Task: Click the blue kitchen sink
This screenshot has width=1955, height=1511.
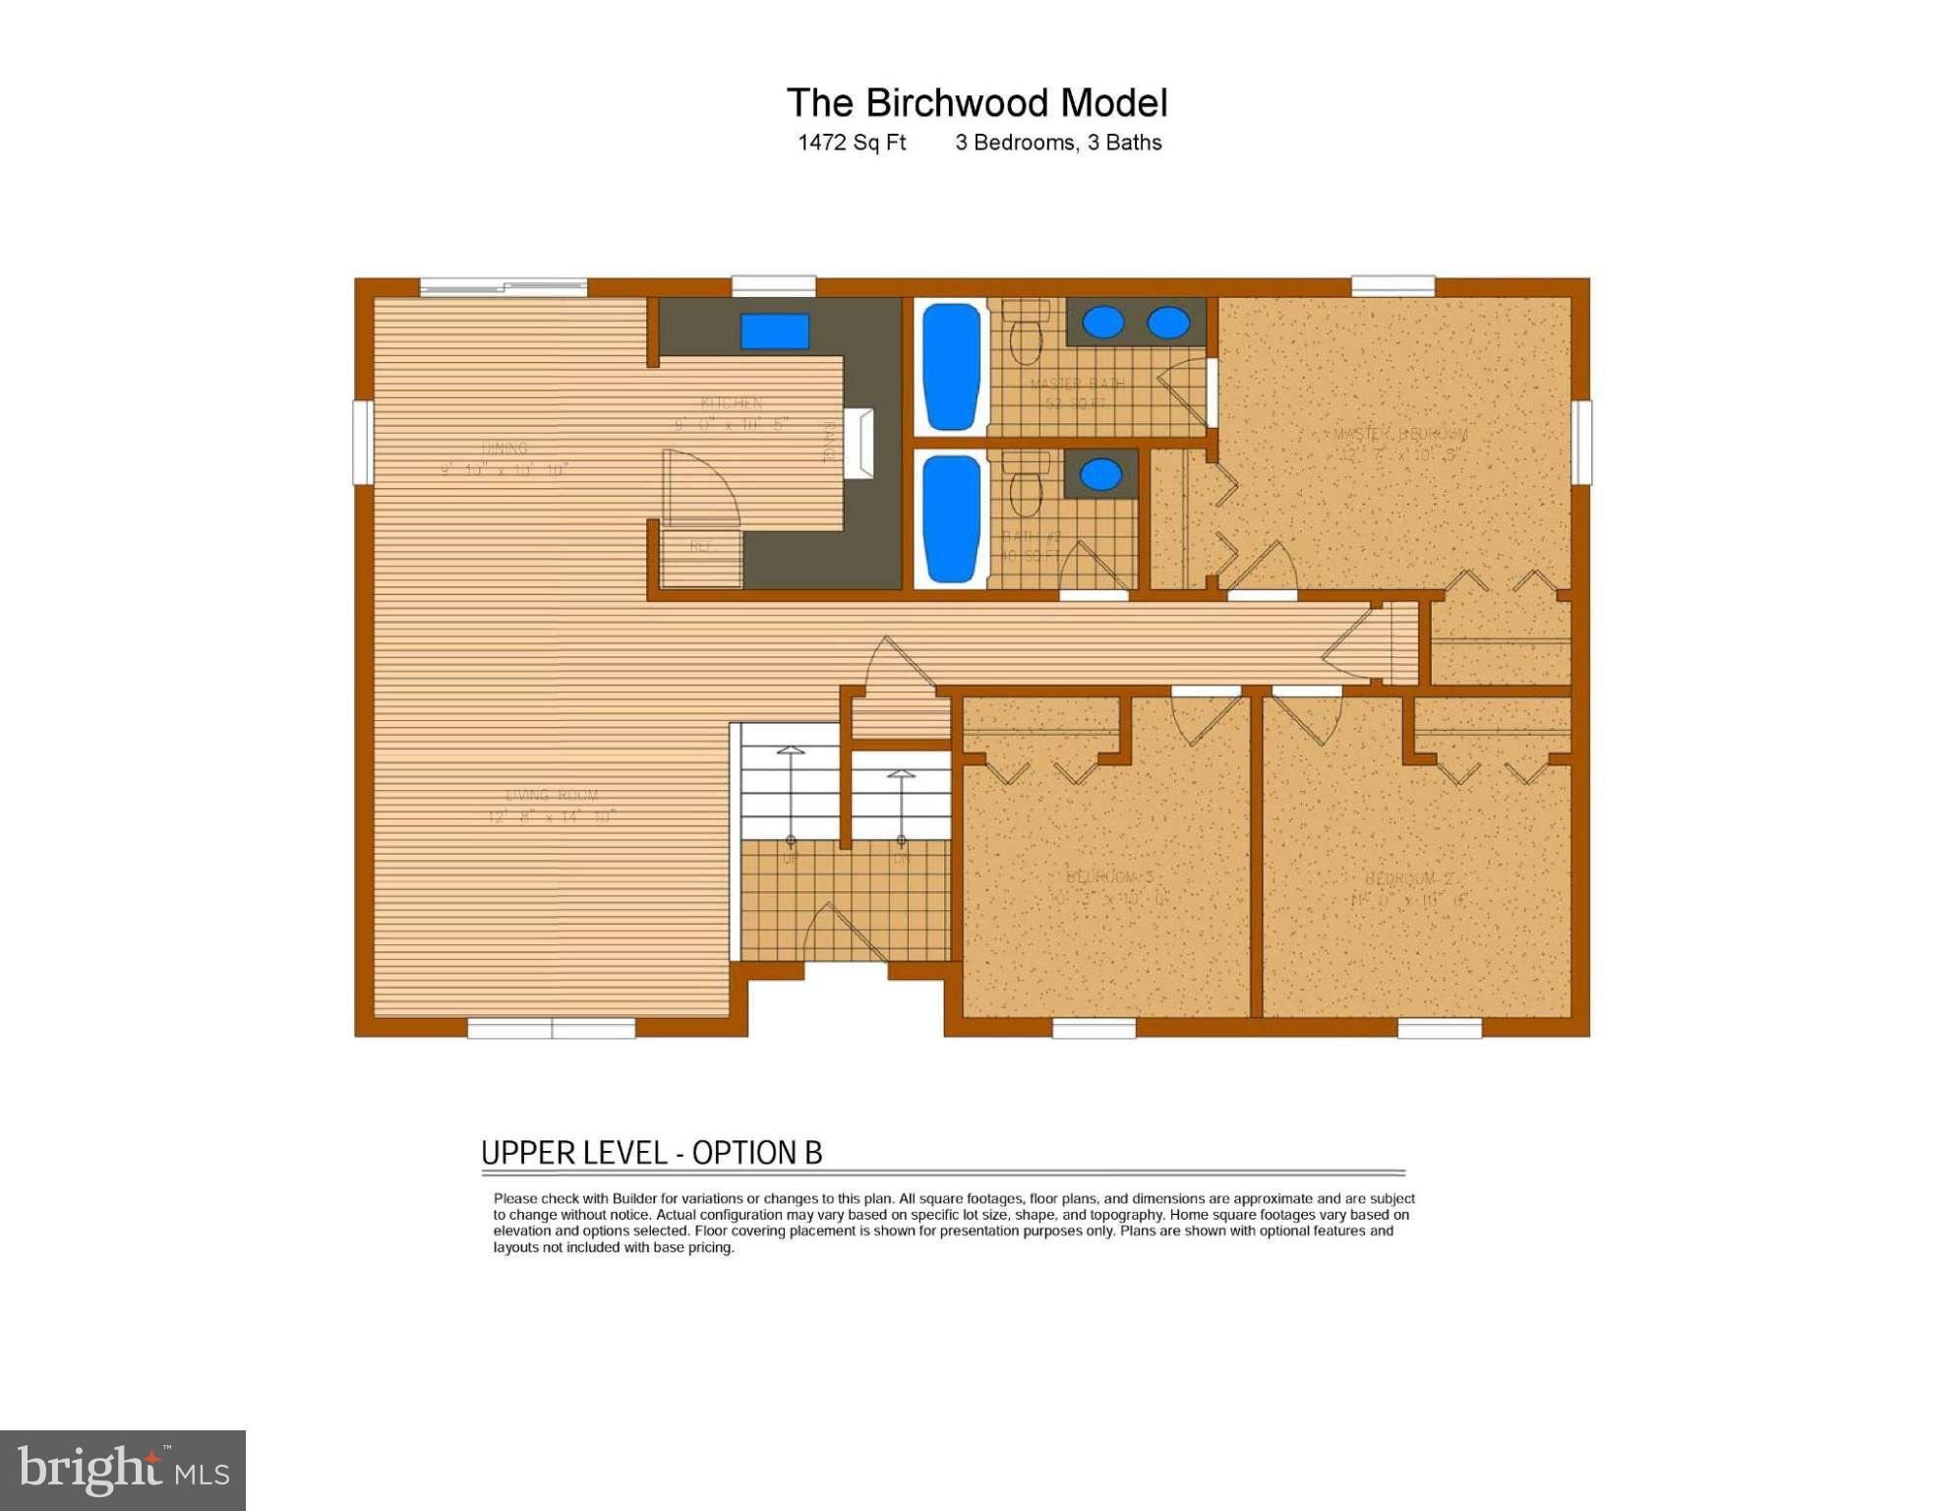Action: (774, 332)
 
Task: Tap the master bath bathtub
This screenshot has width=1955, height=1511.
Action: (951, 366)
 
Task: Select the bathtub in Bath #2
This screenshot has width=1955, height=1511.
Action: (951, 518)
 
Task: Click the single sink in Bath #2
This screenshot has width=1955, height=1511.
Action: (1100, 474)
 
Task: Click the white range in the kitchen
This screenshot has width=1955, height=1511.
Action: (859, 444)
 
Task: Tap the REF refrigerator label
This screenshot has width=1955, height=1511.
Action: (701, 546)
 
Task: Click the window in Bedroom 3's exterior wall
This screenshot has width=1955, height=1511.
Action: (1094, 1028)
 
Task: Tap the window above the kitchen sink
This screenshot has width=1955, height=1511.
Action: (774, 286)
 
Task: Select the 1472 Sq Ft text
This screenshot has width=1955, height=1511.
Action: (852, 143)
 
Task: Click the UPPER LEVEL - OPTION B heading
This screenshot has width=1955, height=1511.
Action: (651, 1153)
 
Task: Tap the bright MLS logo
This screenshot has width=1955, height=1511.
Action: (123, 1471)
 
